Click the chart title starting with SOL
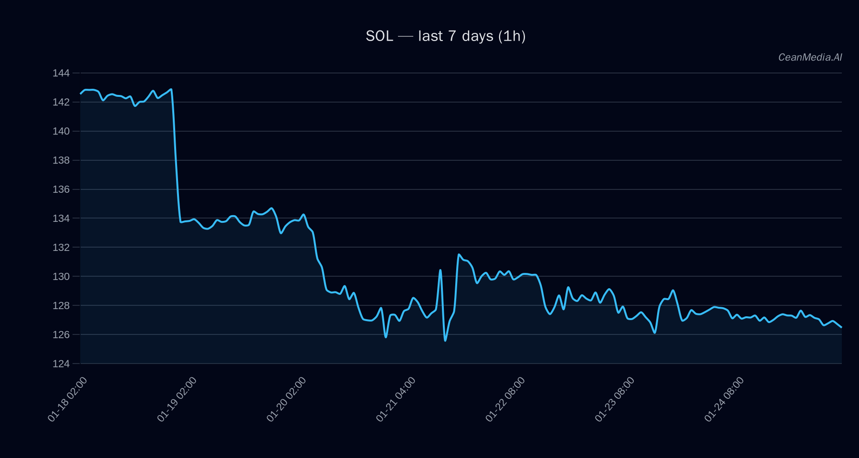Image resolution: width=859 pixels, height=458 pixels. (445, 36)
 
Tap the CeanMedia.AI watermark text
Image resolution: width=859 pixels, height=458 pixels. (810, 57)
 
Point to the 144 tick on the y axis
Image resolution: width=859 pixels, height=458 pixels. (61, 73)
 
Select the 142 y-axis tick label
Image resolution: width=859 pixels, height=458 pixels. (61, 102)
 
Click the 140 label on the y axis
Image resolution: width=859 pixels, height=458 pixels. (61, 131)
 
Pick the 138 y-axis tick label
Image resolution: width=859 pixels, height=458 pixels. (61, 160)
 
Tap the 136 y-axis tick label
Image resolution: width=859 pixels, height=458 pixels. (61, 189)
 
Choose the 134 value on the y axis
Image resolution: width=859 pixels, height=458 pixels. (61, 219)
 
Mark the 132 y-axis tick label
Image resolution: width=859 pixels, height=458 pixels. (61, 248)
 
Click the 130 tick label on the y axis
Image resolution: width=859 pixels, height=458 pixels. (61, 277)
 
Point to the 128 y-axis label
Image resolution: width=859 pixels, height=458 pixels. (61, 306)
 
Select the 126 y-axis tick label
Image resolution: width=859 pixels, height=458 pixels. (61, 335)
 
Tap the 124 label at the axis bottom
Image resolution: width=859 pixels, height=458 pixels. (61, 364)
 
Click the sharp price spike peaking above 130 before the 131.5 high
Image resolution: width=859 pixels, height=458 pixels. (440, 271)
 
